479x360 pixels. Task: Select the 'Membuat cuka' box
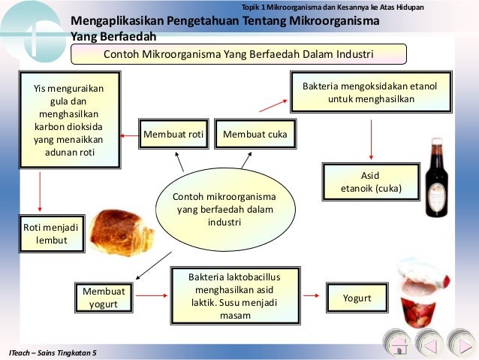pos(255,135)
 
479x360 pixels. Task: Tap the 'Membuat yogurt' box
pos(104,298)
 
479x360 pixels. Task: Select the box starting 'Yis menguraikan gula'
pos(69,121)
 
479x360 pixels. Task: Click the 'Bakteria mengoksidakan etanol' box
pos(369,92)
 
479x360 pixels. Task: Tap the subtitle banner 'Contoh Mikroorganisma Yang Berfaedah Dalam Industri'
pos(238,54)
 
